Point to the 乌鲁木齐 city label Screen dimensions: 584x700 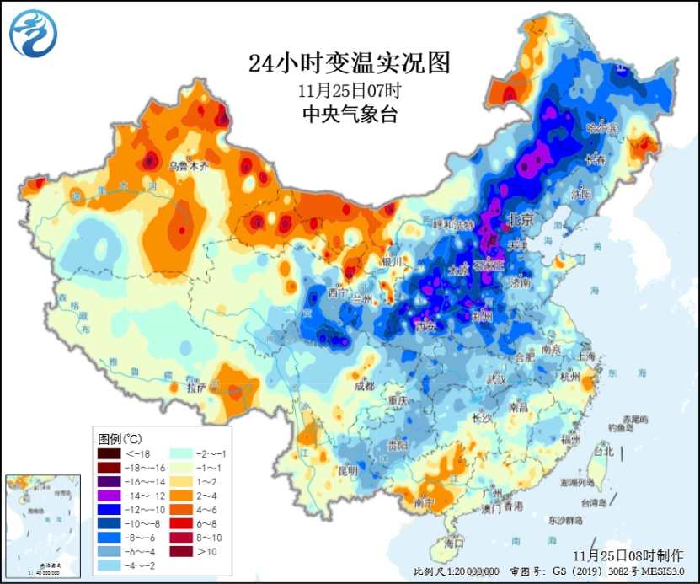click(187, 166)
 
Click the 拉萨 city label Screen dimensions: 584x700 click(196, 388)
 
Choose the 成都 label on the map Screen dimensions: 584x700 click(364, 386)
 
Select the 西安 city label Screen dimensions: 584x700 click(425, 325)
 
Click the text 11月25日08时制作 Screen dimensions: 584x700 click(628, 556)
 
